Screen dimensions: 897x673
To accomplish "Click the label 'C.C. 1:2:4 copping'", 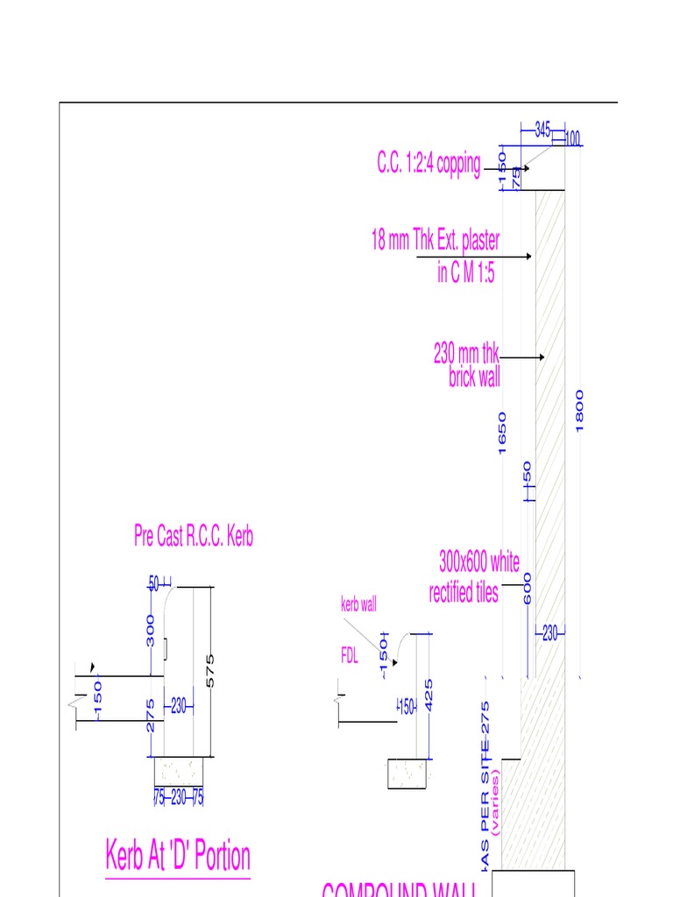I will point(429,164).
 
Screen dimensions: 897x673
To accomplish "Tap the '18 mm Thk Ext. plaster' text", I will point(436,241).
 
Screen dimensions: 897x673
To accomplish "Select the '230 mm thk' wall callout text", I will point(466,355).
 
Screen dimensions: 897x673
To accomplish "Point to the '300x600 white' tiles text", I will point(479,561).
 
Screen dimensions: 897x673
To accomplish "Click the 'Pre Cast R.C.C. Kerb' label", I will point(194,536).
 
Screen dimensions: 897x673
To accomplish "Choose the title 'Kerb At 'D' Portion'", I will point(178,856).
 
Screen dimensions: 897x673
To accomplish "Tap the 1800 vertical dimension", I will point(579,410).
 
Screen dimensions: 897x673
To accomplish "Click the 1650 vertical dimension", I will point(502,433).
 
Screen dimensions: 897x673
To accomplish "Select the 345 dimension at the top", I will point(542,130).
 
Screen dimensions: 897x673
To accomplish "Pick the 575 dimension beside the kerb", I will point(209,670).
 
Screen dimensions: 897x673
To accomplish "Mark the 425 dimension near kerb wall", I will point(429,695).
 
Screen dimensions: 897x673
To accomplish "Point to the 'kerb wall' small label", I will point(358,604).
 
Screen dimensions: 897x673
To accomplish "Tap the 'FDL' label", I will point(351,656).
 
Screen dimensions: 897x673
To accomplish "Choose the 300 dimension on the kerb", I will point(151,631).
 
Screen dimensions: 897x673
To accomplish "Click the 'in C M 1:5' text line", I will point(466,273).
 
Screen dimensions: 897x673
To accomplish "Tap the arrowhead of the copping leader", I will point(527,167).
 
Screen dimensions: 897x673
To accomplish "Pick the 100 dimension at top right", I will point(572,138).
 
